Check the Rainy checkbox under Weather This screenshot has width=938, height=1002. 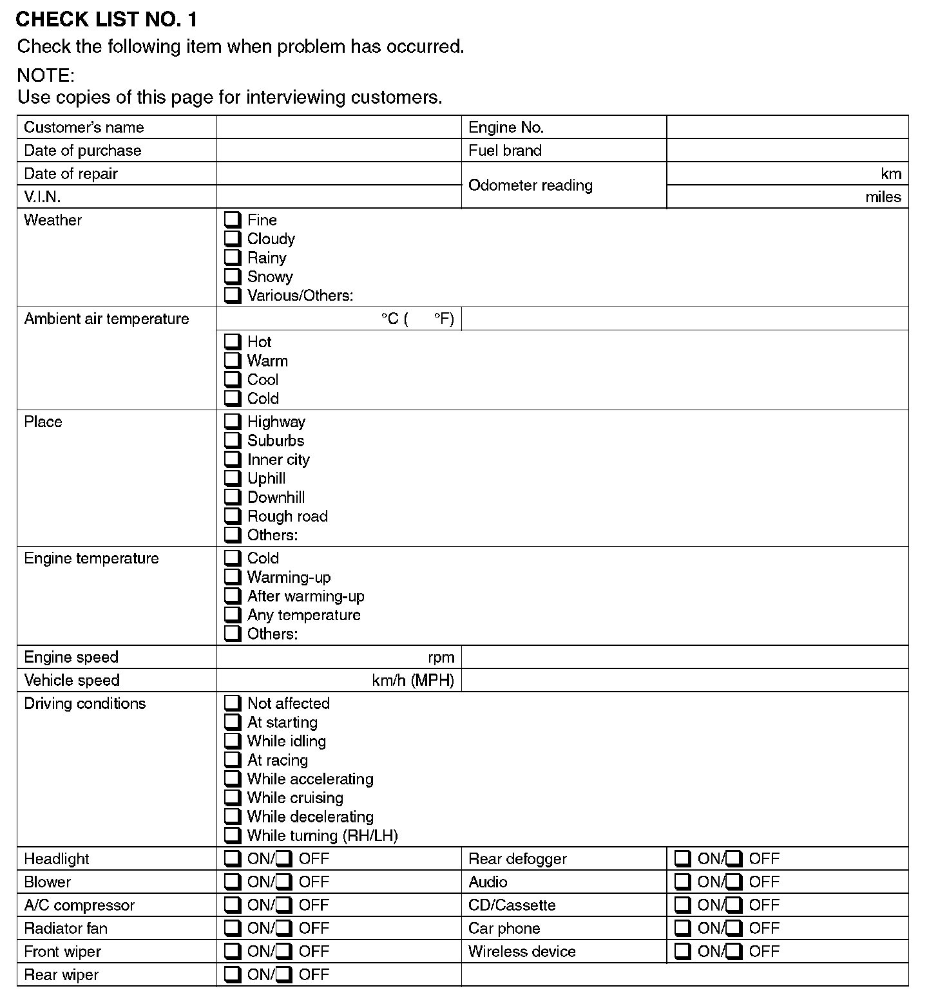(x=233, y=258)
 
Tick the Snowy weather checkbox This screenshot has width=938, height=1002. (x=233, y=276)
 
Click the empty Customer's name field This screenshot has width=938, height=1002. (x=339, y=128)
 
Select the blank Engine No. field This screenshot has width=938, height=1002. (x=787, y=128)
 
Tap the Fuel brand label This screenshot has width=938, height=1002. (x=505, y=151)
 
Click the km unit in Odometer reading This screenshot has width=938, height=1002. (x=891, y=174)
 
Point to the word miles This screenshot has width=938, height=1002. (x=883, y=197)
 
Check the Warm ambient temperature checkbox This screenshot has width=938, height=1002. (x=233, y=361)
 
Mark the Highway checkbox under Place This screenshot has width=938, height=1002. (x=233, y=422)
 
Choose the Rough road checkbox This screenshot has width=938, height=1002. (x=233, y=516)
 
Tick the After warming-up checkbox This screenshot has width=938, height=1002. (x=233, y=596)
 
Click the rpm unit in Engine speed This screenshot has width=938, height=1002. (x=441, y=657)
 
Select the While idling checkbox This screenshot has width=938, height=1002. (x=233, y=741)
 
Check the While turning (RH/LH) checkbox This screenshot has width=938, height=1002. (x=233, y=835)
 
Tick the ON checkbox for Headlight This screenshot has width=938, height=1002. (x=233, y=858)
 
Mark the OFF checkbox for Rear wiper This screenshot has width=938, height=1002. (x=284, y=974)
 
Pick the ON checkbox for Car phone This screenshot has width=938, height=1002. (x=683, y=928)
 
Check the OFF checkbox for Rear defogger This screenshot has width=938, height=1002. (x=734, y=858)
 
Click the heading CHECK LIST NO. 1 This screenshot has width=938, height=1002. (x=106, y=20)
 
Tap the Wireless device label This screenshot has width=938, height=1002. (x=522, y=952)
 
